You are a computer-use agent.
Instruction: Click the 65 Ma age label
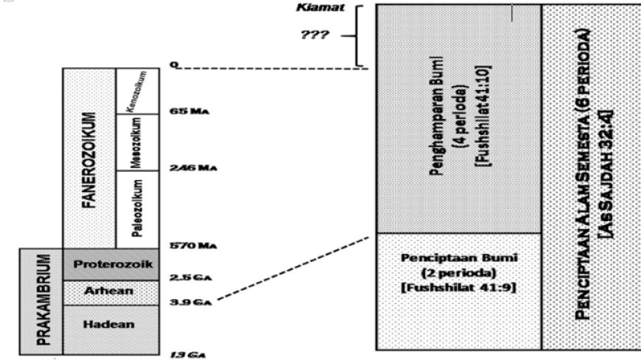point(188,111)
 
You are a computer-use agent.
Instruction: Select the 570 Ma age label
point(189,246)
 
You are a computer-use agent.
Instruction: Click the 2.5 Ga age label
point(189,275)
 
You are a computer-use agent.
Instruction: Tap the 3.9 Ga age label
point(190,303)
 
